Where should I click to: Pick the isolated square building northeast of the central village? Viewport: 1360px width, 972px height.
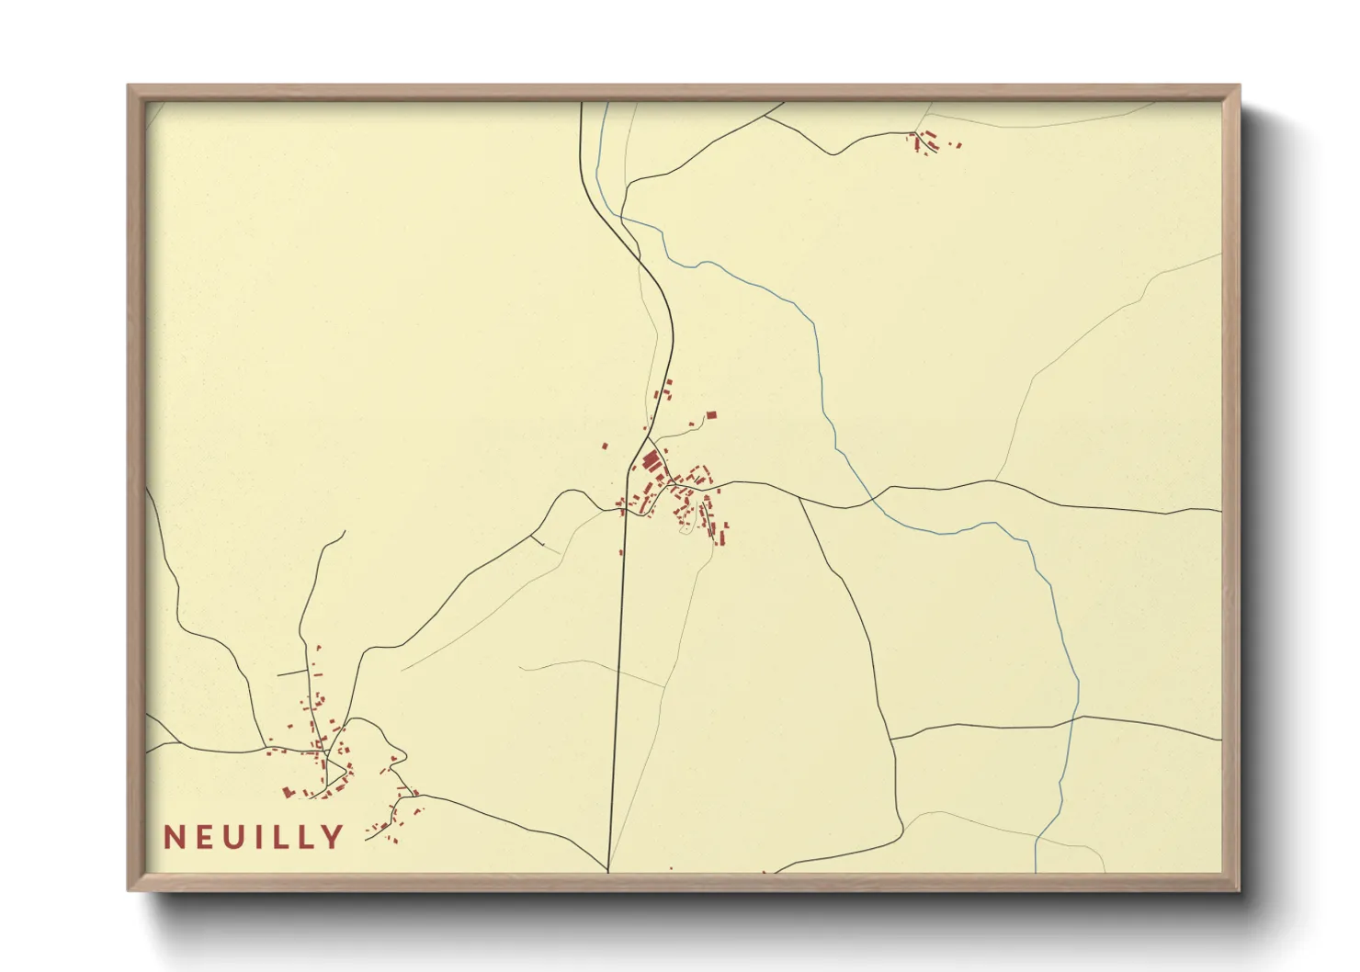pos(709,416)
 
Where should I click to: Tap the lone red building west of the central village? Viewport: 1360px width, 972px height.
pos(605,446)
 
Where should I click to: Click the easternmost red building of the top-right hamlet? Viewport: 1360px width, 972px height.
pos(959,144)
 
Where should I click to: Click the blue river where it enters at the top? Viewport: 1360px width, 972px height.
pos(605,105)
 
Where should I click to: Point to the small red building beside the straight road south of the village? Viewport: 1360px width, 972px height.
pos(621,552)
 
